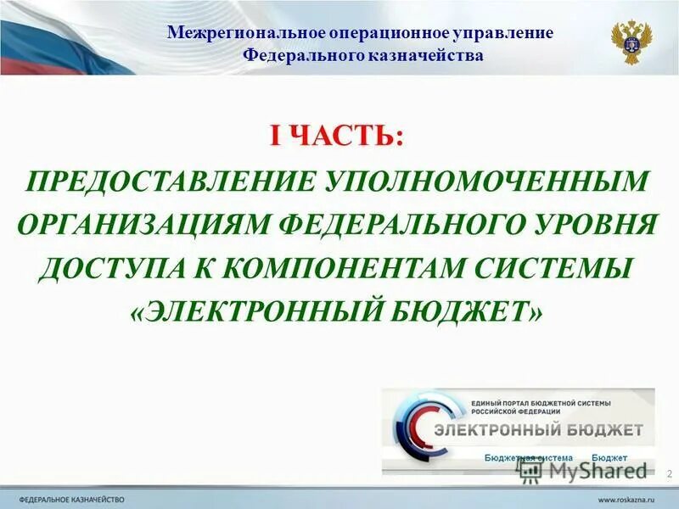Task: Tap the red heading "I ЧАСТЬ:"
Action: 337,136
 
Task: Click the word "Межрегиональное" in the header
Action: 233,33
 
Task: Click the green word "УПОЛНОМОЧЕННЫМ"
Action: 487,181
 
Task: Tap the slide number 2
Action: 669,473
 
